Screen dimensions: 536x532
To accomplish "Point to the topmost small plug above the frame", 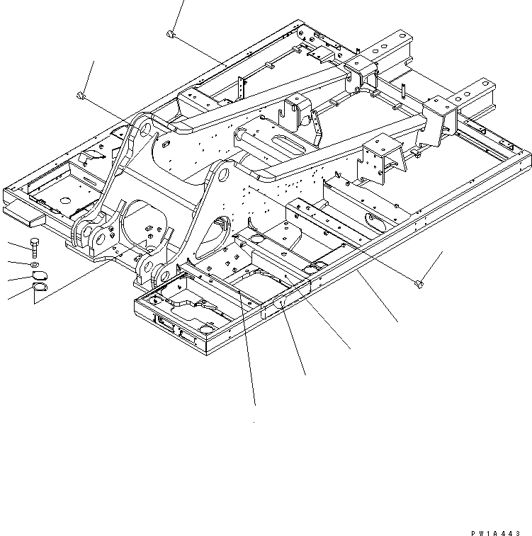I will pyautogui.click(x=170, y=33).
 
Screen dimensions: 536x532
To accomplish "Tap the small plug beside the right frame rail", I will pyautogui.click(x=419, y=284).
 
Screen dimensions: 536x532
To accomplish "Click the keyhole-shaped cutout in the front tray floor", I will pyautogui.click(x=192, y=307).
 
